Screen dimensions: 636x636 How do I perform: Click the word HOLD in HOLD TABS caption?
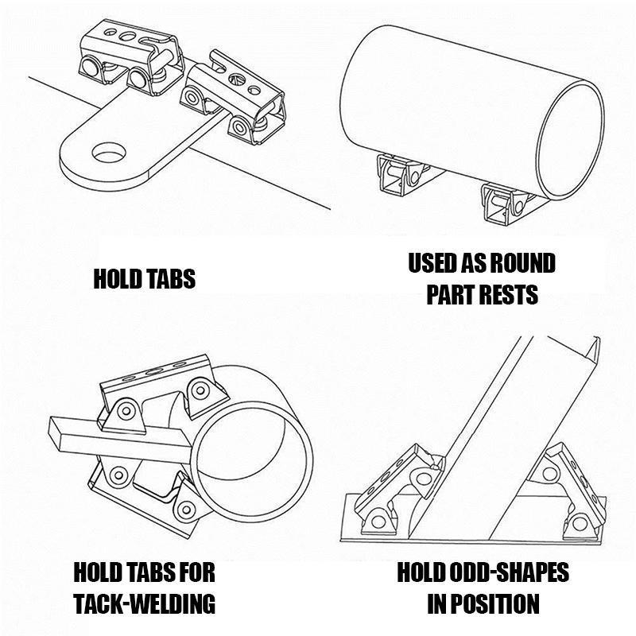[x=117, y=280]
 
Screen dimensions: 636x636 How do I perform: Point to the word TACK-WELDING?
[x=144, y=603]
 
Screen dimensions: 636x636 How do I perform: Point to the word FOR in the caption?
[x=194, y=572]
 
